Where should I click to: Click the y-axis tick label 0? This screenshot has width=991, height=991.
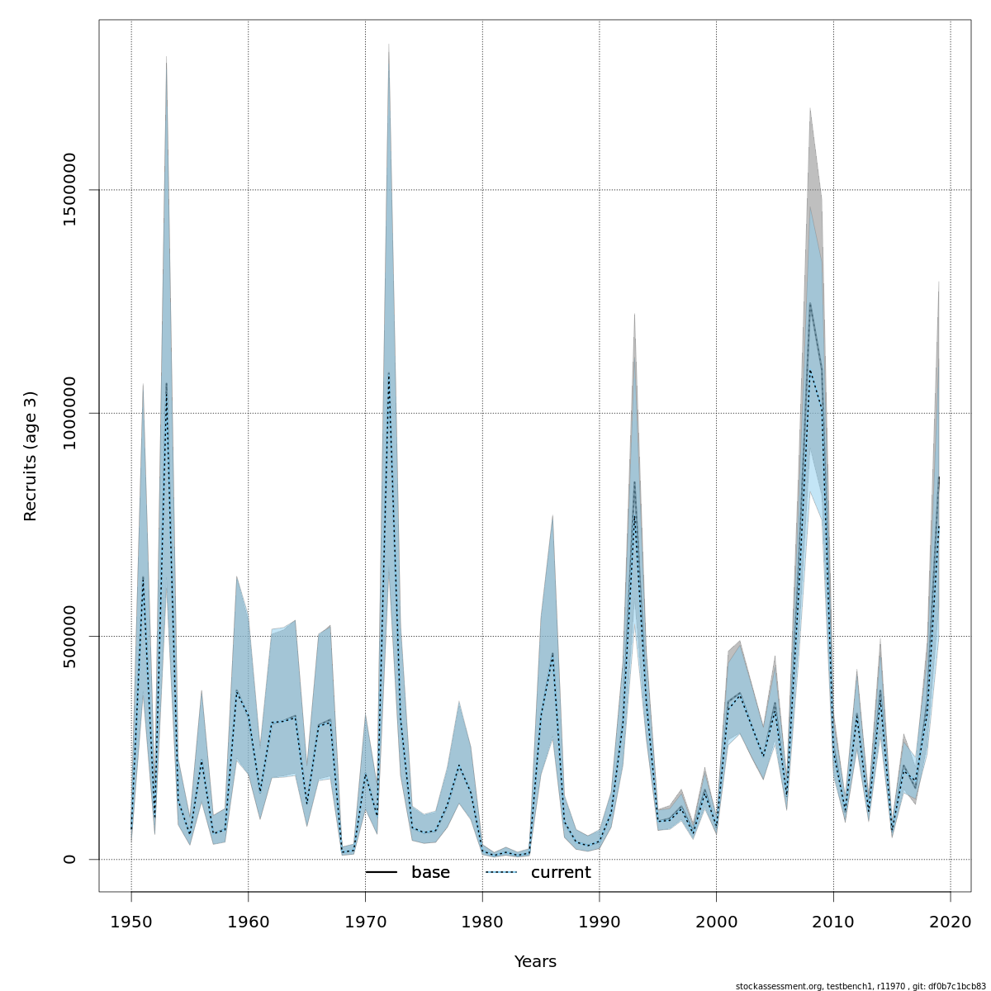coord(69,859)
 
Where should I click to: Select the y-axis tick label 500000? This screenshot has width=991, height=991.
coord(69,636)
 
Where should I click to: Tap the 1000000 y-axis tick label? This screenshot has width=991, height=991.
coord(69,413)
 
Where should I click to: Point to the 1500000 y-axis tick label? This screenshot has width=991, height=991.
coord(69,190)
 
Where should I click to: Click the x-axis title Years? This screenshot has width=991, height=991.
coord(535,962)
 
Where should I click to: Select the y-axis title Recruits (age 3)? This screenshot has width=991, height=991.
coord(31,456)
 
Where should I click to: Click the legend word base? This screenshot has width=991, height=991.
coord(430,873)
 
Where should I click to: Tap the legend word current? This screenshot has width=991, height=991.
coord(561,873)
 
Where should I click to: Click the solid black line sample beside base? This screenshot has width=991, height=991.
coord(382,873)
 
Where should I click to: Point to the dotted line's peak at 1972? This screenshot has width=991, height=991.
coord(389,374)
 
